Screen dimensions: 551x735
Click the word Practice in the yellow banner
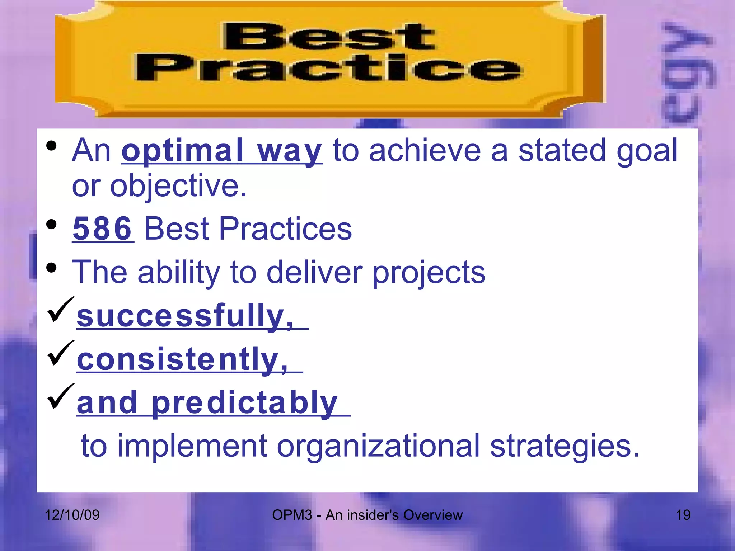328,68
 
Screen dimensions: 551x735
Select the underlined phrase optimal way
221,151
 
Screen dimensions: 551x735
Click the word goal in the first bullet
647,151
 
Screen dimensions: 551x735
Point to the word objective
178,187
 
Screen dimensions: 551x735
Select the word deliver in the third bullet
314,272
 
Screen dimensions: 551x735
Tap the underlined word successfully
185,316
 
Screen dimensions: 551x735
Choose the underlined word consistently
182,359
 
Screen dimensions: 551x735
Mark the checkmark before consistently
60,353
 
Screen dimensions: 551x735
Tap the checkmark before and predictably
60,396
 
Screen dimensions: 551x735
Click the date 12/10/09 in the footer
72,515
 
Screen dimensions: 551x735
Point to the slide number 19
683,515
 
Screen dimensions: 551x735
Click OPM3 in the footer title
292,515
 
